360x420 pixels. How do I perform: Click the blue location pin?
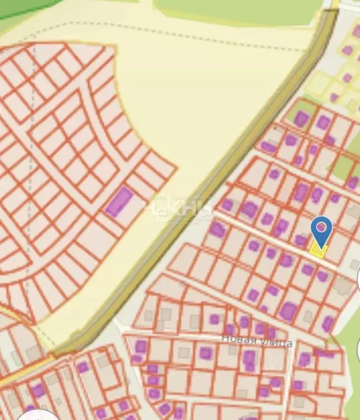[321, 230]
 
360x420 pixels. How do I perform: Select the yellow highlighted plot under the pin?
[318, 250]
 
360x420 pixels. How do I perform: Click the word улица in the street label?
[277, 343]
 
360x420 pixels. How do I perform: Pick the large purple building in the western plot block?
[119, 201]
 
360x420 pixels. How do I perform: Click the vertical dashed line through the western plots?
[34, 110]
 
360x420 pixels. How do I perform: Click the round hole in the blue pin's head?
[321, 226]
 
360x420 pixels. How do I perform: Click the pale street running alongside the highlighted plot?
[274, 241]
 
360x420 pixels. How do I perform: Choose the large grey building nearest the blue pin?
[344, 285]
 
